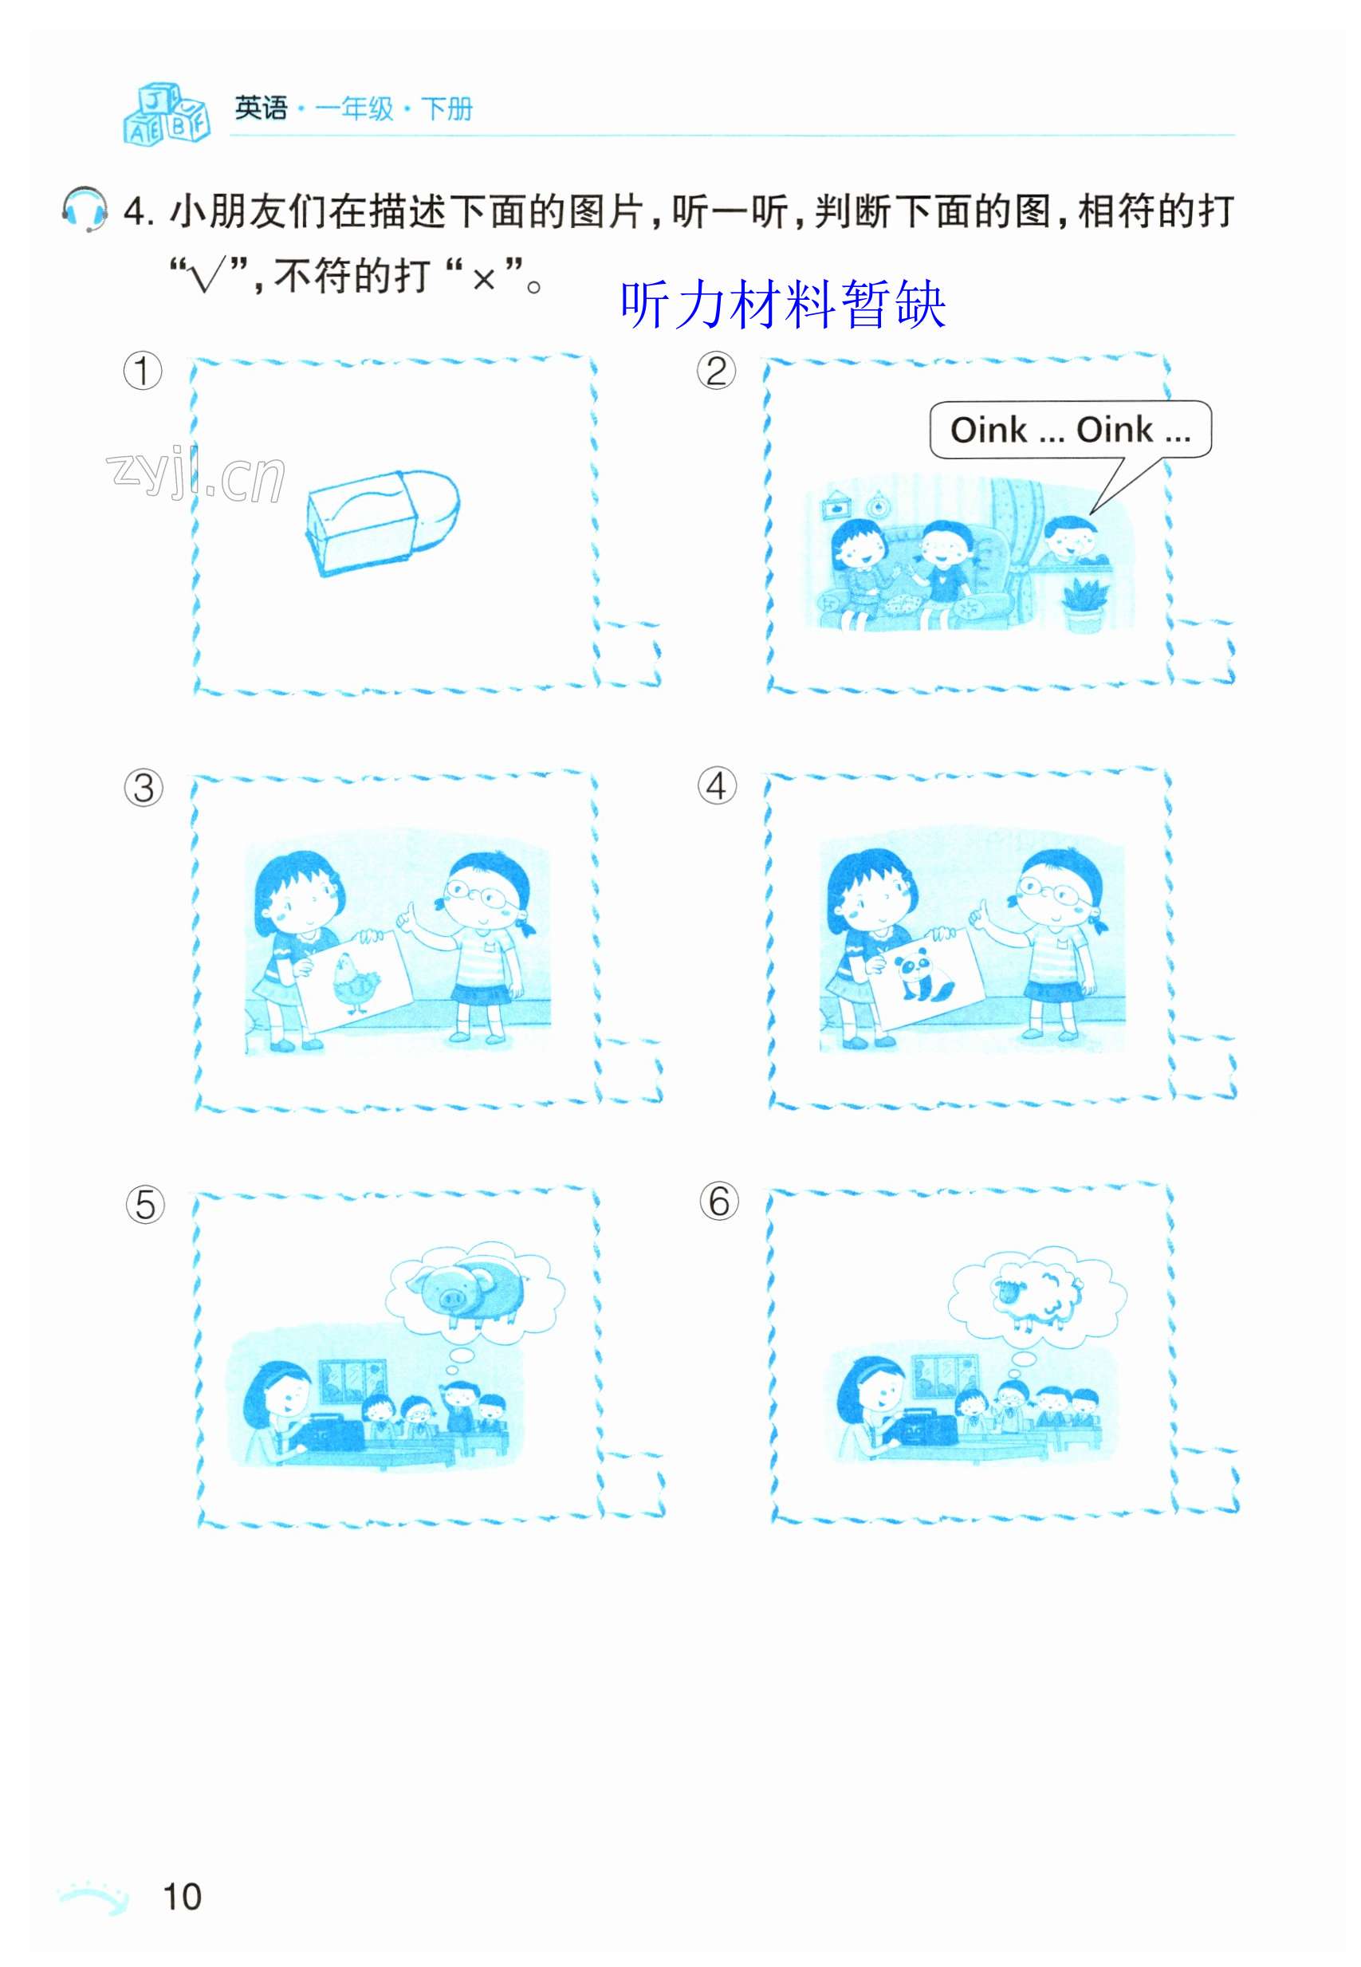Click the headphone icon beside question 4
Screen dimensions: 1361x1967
click(x=85, y=210)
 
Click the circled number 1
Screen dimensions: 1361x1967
click(x=143, y=371)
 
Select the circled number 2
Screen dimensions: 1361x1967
click(x=716, y=371)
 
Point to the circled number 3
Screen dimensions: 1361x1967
click(x=144, y=788)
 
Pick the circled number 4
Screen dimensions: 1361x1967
click(x=717, y=785)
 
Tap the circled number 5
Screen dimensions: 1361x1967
click(x=145, y=1205)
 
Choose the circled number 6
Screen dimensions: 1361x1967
click(x=719, y=1202)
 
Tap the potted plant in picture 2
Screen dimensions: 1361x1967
click(x=1084, y=604)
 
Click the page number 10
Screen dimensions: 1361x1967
click(x=182, y=1897)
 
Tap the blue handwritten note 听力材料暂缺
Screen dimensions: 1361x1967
click(x=783, y=305)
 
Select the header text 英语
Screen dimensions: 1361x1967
click(x=261, y=109)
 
